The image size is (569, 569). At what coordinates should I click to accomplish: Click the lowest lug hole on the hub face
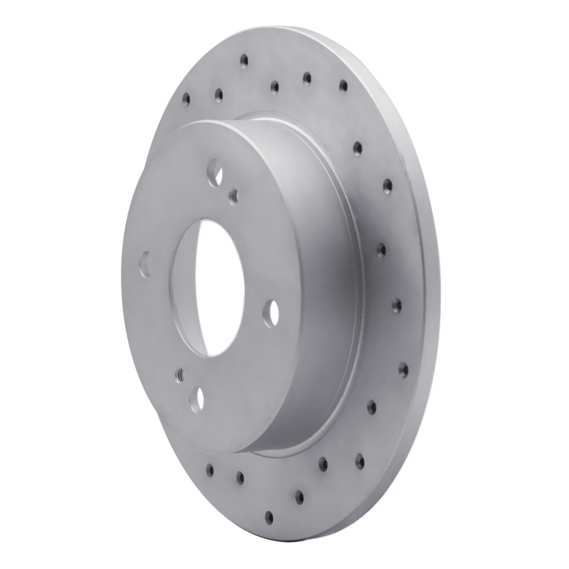200,398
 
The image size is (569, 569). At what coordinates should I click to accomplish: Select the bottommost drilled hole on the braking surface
270,516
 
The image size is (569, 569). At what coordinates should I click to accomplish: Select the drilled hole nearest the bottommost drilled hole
299,495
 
